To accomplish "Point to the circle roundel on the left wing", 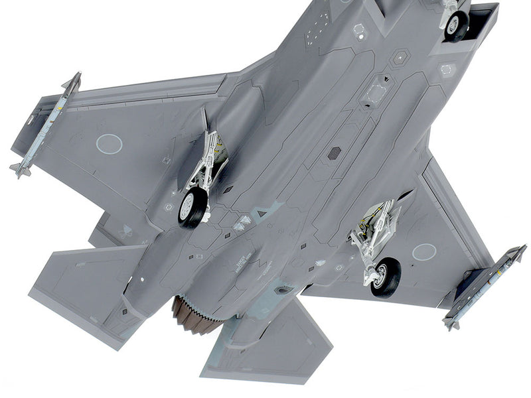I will point(109,143).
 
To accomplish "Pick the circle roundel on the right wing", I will point(424,251).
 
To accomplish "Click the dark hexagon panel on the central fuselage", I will point(334,153).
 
